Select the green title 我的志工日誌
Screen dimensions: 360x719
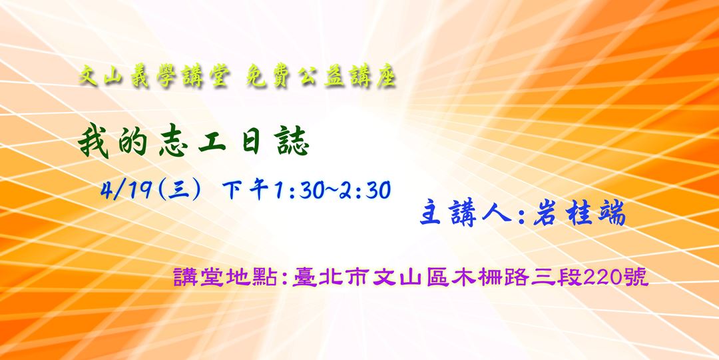193,143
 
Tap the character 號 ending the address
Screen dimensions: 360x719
636,275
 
